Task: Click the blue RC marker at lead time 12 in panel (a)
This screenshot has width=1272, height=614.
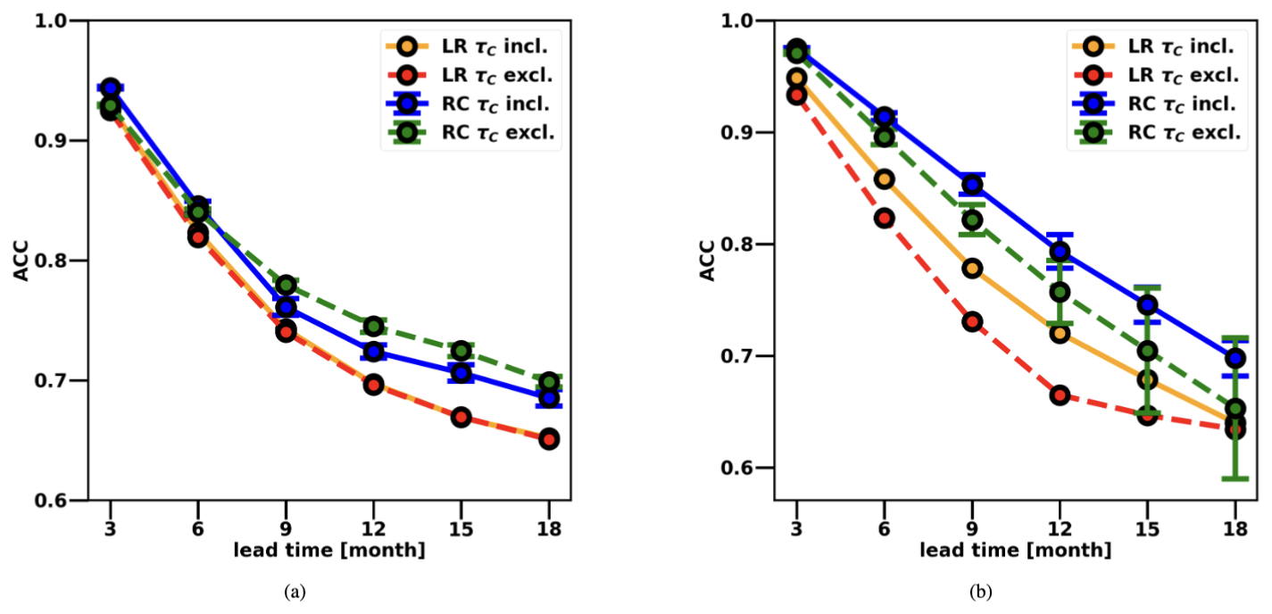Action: [373, 352]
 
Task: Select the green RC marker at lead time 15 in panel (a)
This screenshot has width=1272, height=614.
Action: [461, 350]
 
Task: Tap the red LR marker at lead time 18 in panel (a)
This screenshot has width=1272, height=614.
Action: [549, 438]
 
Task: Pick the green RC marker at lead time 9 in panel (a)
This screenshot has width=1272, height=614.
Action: [287, 286]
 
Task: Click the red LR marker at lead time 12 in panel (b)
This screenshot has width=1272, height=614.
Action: [1060, 394]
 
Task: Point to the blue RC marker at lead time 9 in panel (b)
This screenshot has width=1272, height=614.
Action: [972, 185]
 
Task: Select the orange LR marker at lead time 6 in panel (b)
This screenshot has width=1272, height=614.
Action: [884, 178]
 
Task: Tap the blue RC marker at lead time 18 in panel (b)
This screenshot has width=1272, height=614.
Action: [1235, 359]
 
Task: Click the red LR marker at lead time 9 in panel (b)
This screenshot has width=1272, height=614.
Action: [972, 321]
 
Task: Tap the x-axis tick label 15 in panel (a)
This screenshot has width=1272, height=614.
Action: [461, 528]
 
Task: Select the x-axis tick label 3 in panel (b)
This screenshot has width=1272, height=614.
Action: [796, 528]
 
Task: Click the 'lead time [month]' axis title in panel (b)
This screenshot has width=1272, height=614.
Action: [1016, 551]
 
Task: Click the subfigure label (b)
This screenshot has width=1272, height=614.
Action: [985, 592]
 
